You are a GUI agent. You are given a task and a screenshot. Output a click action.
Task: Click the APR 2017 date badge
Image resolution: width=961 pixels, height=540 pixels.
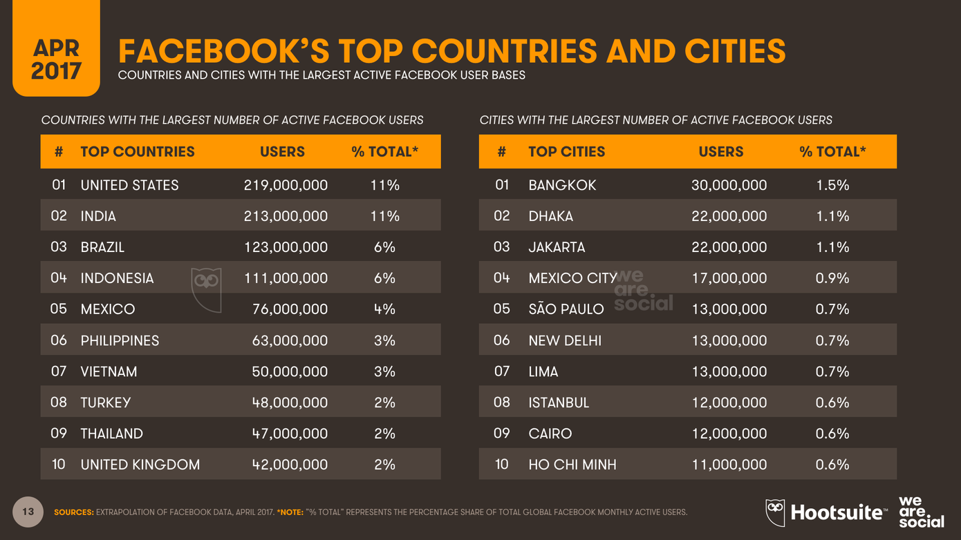pyautogui.click(x=56, y=59)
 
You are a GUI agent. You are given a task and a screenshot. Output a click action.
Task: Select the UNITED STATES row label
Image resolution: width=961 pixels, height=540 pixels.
pyautogui.click(x=129, y=185)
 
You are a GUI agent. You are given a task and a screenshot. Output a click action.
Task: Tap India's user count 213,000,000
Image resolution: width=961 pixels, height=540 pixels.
pyautogui.click(x=286, y=216)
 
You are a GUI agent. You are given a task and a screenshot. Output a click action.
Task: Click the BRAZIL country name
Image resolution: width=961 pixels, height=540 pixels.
pyautogui.click(x=102, y=247)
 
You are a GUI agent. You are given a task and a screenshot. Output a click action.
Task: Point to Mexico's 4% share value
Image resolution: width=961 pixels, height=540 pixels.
pyautogui.click(x=384, y=309)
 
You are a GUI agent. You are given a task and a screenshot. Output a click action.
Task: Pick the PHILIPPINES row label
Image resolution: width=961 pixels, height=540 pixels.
pyautogui.click(x=120, y=340)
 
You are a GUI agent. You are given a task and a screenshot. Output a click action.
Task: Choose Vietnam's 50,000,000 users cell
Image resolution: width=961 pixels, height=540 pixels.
pyautogui.click(x=290, y=372)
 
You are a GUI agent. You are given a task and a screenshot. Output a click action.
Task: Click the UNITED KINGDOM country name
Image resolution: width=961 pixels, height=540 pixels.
pyautogui.click(x=140, y=465)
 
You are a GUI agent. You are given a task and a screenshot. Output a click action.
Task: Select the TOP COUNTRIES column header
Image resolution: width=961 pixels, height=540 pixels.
pyautogui.click(x=138, y=152)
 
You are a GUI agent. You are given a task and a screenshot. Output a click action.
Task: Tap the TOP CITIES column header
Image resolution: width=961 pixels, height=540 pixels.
pyautogui.click(x=566, y=152)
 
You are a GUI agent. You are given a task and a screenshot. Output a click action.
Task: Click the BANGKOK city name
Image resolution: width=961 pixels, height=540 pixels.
pyautogui.click(x=562, y=185)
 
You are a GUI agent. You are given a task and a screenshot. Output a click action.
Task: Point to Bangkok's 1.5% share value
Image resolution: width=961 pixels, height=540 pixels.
pyautogui.click(x=832, y=185)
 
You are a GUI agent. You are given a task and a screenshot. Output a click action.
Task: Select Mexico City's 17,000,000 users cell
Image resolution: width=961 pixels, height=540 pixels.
pyautogui.click(x=729, y=278)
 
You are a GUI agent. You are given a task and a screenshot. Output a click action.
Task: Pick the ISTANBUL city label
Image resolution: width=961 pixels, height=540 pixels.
pyautogui.click(x=559, y=403)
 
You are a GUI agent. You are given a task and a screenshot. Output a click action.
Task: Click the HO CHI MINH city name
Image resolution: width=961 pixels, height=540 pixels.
pyautogui.click(x=572, y=465)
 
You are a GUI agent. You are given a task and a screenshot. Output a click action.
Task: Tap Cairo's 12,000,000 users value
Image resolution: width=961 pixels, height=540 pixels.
pyautogui.click(x=729, y=434)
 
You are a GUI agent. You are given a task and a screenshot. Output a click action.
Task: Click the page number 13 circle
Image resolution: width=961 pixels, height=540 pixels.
pyautogui.click(x=28, y=512)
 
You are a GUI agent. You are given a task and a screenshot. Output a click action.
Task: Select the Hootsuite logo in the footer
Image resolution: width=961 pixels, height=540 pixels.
pyautogui.click(x=827, y=512)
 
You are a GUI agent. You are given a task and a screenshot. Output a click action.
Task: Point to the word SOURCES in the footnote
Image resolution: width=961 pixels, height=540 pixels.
pyautogui.click(x=73, y=512)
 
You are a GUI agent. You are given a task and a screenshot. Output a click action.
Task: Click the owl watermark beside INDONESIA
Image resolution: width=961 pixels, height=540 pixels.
pyautogui.click(x=206, y=289)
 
